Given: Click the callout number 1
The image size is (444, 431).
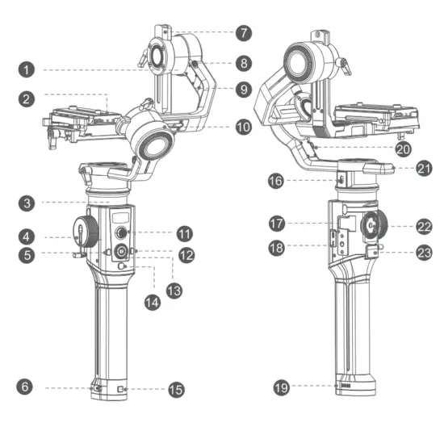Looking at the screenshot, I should coord(27,69).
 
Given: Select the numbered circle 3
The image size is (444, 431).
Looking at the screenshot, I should coord(27,201).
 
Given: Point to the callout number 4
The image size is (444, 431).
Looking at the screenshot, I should coord(27,237).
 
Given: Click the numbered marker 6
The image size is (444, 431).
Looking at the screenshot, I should coord(27,388).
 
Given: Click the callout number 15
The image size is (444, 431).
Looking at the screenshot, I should coord(175,390).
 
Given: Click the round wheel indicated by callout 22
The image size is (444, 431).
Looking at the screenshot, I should coord(374,227).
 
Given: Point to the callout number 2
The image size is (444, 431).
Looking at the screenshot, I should coord(27,98).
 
